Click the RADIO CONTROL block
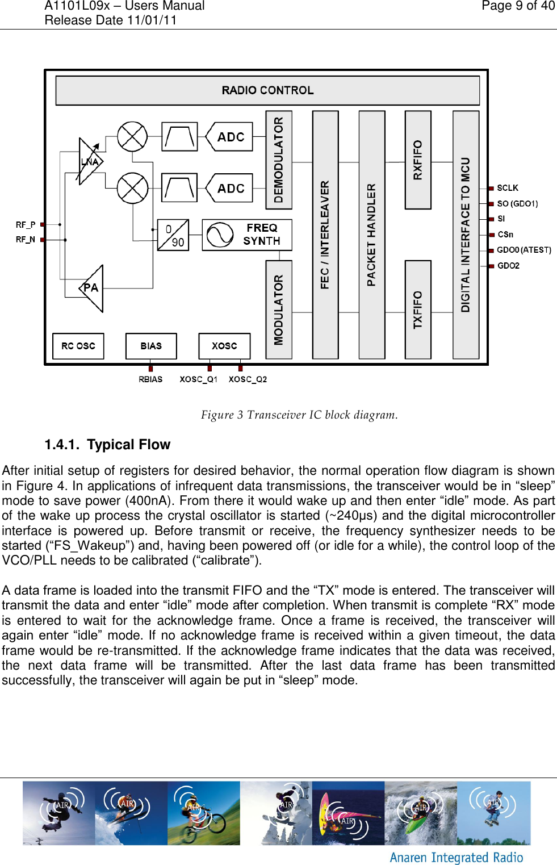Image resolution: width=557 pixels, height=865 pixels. click(267, 90)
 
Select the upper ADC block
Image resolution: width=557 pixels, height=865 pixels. click(230, 137)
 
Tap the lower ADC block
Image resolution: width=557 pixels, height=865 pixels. click(230, 188)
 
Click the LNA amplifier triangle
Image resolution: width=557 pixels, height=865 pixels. click(90, 161)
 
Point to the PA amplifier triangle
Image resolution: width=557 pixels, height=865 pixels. click(92, 288)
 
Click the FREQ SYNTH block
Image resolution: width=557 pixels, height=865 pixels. click(247, 235)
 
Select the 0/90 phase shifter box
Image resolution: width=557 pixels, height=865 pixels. click(173, 235)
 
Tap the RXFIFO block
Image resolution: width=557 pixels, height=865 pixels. click(418, 160)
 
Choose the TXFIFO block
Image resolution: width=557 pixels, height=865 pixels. click(418, 310)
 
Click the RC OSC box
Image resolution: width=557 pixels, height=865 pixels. click(78, 346)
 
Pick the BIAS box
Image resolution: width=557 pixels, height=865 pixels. click(151, 346)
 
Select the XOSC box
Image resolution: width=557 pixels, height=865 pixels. click(224, 346)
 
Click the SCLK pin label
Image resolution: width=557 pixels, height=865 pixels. click(508, 188)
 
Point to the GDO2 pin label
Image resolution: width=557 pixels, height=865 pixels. click(508, 265)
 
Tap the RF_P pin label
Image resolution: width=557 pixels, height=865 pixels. click(26, 224)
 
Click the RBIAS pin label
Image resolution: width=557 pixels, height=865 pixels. click(150, 379)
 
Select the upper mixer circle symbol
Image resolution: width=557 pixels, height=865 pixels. click(132, 136)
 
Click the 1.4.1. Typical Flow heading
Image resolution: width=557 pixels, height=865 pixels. click(107, 445)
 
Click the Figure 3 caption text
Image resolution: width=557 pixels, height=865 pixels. click(299, 415)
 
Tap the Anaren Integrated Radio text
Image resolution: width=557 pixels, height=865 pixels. click(457, 857)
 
